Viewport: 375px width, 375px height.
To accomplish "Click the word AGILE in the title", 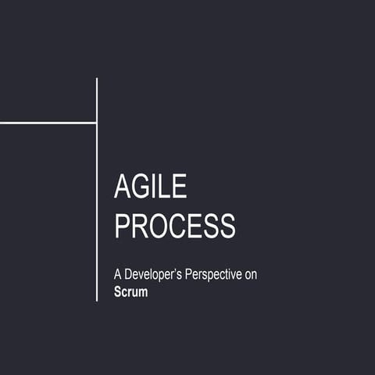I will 151,187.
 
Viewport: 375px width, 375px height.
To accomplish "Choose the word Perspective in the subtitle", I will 215,276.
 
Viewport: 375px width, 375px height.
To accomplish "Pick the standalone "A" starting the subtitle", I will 118,276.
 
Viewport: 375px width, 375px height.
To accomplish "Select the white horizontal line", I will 47,123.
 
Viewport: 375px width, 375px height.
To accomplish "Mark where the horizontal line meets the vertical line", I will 97,123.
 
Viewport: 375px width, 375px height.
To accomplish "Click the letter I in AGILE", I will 157,187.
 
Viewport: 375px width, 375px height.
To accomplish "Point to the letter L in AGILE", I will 166,187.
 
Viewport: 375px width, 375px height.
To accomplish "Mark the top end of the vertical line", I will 97,79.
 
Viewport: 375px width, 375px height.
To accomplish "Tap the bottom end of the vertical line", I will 97,300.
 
